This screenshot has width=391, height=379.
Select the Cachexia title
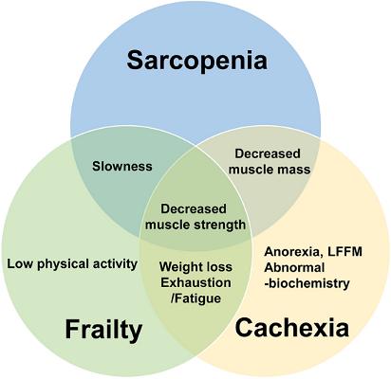click(x=292, y=328)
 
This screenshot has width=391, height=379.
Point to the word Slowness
click(x=122, y=166)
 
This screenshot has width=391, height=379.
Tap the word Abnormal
click(x=294, y=267)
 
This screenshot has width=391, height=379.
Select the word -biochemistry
click(x=307, y=283)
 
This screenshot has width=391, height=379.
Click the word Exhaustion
click(x=195, y=282)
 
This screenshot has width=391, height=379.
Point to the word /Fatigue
click(x=195, y=298)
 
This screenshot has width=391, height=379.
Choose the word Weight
click(x=180, y=267)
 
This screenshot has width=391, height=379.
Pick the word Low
click(x=20, y=264)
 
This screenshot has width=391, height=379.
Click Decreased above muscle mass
click(x=268, y=153)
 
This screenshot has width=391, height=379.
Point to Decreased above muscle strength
click(x=194, y=209)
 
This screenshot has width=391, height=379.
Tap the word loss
click(x=218, y=267)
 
